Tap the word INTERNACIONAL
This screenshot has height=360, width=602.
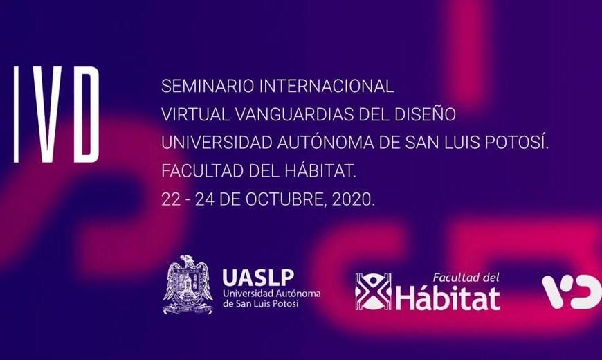coord(327,86)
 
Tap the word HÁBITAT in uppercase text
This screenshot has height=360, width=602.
coord(320,170)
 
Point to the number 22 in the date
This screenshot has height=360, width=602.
coord(170,199)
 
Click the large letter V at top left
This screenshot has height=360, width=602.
coord(50,114)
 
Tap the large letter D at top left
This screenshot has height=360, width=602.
coord(86,114)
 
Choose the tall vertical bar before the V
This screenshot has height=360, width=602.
coord(17,114)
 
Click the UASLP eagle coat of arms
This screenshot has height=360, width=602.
coord(188,285)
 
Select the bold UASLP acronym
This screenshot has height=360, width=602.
coord(258,278)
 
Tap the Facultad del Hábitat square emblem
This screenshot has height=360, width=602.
coord(373,291)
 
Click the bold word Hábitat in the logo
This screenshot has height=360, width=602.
coord(448,298)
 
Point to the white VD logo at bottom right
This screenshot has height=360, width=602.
coord(572,292)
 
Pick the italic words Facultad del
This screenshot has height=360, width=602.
coord(466,278)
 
